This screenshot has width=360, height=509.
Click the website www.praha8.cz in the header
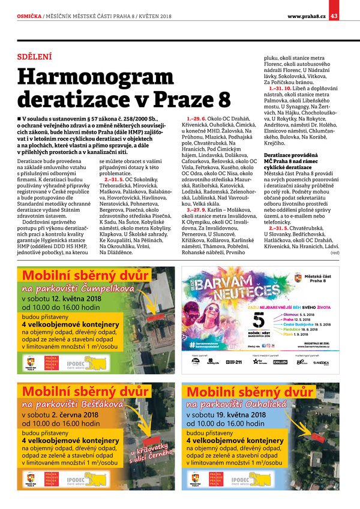tap(306, 16)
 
